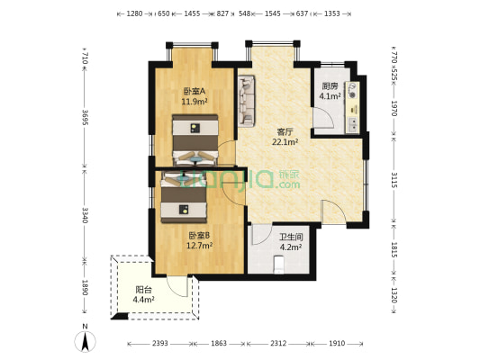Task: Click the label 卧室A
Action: [x=194, y=91]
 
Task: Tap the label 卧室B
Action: [x=198, y=235]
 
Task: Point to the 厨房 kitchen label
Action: [x=331, y=85]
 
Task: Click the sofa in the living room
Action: [x=247, y=101]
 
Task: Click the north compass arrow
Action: [x=85, y=340]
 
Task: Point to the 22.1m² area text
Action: [x=285, y=141]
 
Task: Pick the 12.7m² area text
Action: [x=199, y=245]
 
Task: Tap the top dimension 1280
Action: [x=135, y=14]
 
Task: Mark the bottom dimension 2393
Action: [x=160, y=344]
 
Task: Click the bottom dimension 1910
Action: [x=336, y=344]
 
